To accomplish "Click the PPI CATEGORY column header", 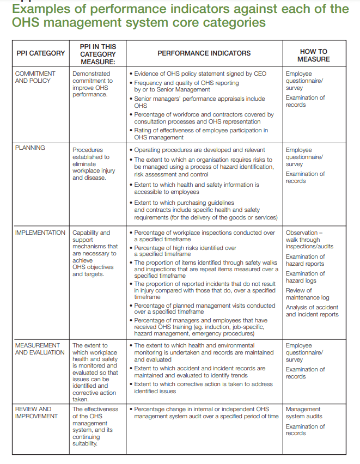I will click(40, 53).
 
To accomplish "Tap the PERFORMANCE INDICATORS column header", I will click(204, 53).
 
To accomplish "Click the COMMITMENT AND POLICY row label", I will click(35, 77).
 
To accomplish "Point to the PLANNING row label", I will click(30, 148).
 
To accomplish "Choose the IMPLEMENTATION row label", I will click(40, 233).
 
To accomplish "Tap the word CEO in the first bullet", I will click(260, 74).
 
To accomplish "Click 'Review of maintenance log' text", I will click(308, 294).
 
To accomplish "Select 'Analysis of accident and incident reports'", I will click(312, 310).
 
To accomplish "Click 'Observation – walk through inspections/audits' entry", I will click(310, 239).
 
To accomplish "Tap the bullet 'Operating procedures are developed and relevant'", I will click(199, 150).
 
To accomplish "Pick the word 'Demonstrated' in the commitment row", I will click(91, 74).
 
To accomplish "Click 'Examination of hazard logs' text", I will click(305, 277).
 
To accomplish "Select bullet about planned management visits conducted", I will click(204, 309).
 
